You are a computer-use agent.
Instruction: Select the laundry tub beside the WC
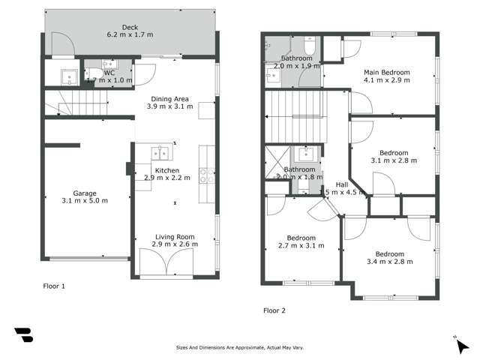[x=65, y=75]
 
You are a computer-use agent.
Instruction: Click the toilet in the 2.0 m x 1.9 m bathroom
[x=313, y=45]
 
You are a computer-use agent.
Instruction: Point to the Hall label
[x=341, y=184]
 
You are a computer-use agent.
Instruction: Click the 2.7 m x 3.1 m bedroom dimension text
[x=301, y=245]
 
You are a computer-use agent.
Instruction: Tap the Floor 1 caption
[x=54, y=286]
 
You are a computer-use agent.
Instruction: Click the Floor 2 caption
[x=274, y=310]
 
